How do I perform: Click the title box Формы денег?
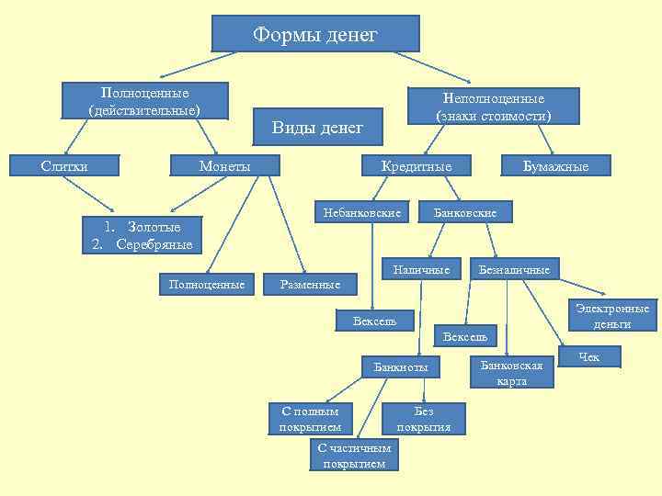click(315, 34)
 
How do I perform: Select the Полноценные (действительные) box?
click(144, 102)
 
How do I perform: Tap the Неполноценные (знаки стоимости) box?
click(494, 107)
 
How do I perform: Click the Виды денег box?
click(317, 127)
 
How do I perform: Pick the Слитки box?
click(64, 165)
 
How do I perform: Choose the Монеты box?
click(225, 165)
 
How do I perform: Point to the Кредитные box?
click(417, 165)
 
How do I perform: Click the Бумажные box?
click(555, 165)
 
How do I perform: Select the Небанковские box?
click(361, 213)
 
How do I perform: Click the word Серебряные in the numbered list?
click(154, 244)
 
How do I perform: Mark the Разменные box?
click(310, 285)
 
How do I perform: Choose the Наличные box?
click(421, 269)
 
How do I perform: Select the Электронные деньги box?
click(611, 316)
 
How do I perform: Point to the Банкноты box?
click(400, 367)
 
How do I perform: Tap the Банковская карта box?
click(512, 372)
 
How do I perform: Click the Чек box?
click(588, 356)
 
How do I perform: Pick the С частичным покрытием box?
click(354, 455)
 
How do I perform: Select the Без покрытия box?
click(423, 419)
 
